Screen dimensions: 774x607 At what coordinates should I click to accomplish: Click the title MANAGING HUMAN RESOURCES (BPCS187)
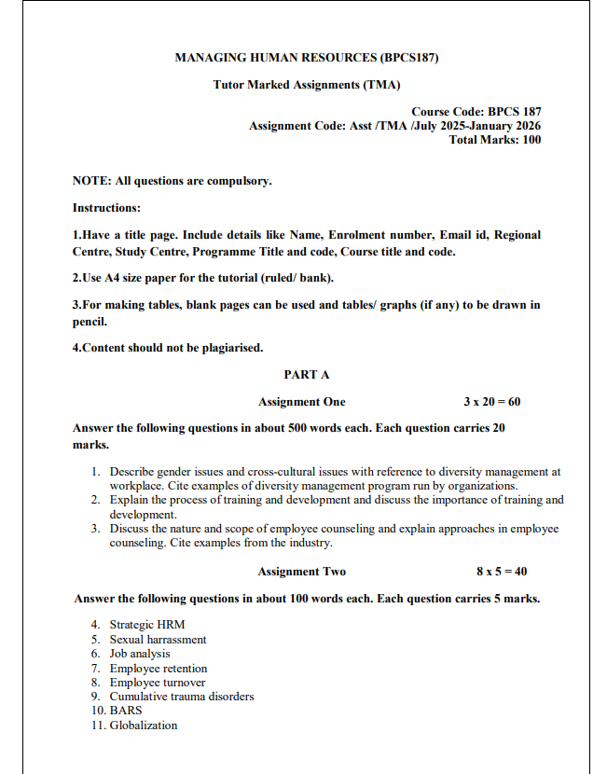(x=307, y=58)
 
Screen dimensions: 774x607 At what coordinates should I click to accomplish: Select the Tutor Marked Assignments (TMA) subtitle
(x=307, y=85)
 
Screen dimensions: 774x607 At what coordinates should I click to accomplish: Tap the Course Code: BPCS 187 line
(x=476, y=112)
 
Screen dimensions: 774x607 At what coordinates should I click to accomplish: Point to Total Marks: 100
(x=494, y=140)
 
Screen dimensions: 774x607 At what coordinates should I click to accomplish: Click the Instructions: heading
(x=106, y=208)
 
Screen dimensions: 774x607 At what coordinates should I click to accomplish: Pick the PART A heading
(x=307, y=374)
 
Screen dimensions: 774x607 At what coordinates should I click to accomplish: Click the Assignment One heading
(x=301, y=402)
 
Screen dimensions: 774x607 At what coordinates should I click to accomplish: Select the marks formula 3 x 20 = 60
(x=491, y=402)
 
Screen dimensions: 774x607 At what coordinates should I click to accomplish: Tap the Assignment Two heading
(x=301, y=572)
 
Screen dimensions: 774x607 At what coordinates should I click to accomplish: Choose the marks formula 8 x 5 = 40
(x=502, y=572)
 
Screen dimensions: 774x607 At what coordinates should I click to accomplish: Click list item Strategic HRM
(x=145, y=625)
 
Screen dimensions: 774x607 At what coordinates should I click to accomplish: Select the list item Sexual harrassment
(x=158, y=640)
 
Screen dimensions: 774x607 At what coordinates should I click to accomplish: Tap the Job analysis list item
(x=140, y=654)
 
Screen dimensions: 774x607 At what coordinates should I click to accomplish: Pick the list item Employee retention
(x=159, y=669)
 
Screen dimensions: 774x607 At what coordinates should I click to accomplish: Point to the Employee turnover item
(x=157, y=683)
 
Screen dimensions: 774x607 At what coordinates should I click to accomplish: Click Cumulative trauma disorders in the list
(x=181, y=697)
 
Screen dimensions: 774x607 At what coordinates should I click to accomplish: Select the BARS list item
(x=126, y=711)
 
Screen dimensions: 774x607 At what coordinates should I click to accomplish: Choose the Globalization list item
(x=143, y=726)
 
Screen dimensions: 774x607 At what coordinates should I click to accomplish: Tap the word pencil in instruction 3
(x=90, y=322)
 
